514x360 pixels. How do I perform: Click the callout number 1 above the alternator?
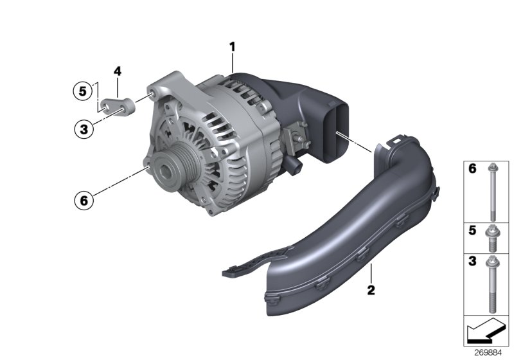(233, 46)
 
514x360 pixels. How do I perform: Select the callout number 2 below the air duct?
(371, 290)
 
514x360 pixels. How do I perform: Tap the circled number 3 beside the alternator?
(82, 129)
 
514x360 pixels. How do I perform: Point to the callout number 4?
(118, 71)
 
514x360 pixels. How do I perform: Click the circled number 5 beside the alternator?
(82, 91)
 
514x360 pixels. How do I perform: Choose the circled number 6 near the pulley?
(82, 200)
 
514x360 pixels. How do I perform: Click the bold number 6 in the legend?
(472, 170)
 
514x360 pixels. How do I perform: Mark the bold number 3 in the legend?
(472, 262)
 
